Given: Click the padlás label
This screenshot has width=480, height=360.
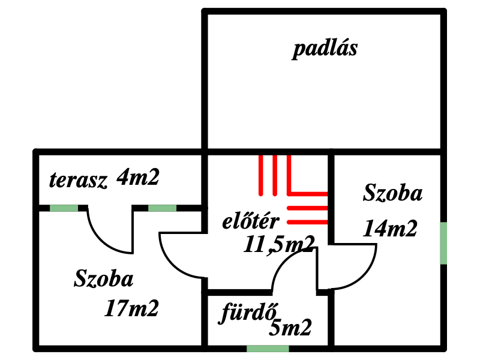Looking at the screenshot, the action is pos(325,49).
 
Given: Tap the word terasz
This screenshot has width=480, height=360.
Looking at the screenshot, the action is pos(79,180).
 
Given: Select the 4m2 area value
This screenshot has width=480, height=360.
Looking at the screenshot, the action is pos(138,177).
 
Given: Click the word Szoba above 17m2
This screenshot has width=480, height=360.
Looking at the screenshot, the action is pos(104,278).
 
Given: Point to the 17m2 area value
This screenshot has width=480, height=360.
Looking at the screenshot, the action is pos(131,308).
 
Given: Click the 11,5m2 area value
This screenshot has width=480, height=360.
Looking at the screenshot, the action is pos(279,245).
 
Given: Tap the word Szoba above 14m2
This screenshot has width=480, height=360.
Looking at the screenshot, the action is pos(393,193).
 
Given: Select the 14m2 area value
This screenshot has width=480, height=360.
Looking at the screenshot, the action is pos(390,229).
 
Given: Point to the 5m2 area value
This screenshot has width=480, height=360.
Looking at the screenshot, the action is pos(290,327).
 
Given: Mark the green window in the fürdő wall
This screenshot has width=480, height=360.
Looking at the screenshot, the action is pos(268,349).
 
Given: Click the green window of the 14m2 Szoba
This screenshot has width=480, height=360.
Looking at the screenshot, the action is pos(443,243).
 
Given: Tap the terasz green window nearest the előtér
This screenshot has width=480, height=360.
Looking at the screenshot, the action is pos(162,208).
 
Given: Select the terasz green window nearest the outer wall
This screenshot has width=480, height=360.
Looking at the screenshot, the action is pos(64,208).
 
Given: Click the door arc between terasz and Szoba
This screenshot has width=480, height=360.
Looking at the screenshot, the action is pos(101,241).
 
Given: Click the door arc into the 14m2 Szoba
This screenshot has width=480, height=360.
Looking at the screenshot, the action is pos(365,276).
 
